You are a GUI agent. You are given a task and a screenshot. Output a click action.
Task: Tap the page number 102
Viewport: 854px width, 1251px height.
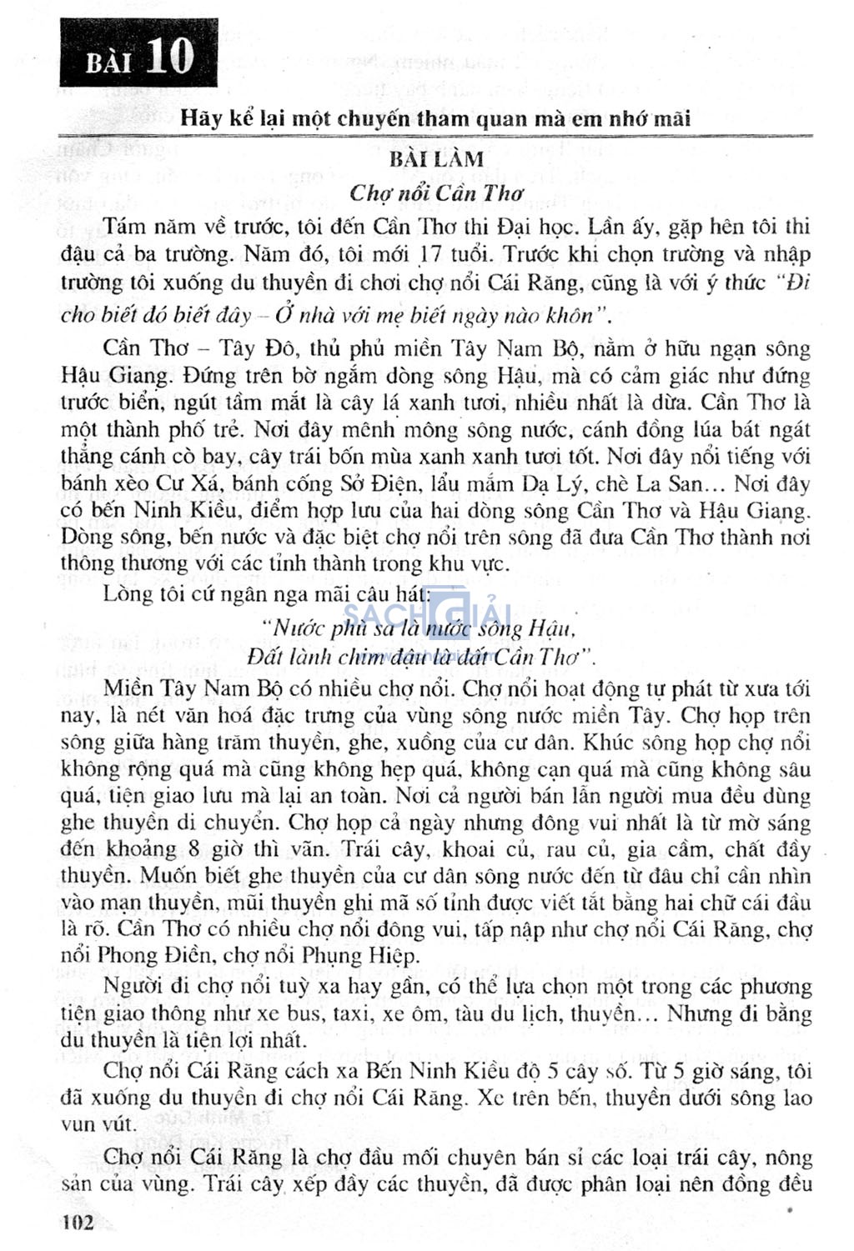click(78, 1222)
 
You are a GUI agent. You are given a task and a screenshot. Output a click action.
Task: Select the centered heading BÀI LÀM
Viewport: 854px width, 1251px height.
click(436, 158)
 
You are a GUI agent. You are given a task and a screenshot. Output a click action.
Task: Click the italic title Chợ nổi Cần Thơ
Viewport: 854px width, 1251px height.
click(436, 193)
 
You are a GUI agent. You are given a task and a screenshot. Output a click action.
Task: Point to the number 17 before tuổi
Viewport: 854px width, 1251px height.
click(430, 253)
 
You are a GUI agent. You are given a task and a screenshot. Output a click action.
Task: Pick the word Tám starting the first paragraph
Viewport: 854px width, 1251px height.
click(124, 227)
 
